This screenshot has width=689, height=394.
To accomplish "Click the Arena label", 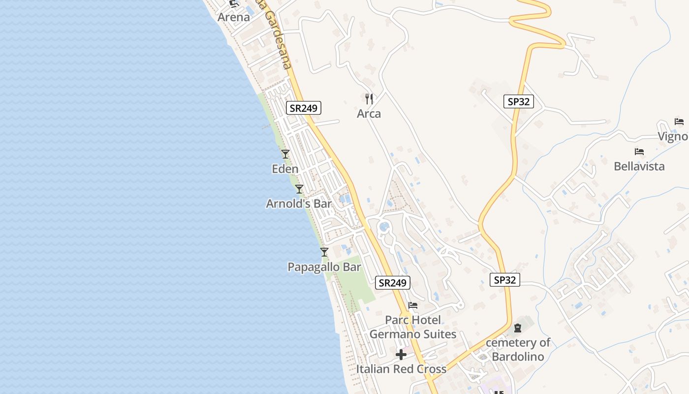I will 234,17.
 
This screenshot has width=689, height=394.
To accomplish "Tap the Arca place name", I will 369,114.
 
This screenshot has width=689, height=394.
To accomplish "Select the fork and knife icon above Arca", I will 369,98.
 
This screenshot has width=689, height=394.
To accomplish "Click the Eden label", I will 285,169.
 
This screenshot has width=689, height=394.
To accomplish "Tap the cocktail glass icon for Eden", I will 285,154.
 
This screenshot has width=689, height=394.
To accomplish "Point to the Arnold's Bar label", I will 299,203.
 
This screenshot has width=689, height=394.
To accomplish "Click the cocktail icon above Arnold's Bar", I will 299,189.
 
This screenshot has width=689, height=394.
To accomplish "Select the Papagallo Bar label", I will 324,267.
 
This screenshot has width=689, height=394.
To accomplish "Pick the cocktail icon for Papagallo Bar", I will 324,252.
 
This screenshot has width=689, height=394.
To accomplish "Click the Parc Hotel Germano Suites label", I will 412,327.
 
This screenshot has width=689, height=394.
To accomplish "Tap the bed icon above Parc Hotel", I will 412,305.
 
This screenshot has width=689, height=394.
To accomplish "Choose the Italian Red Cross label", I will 401,369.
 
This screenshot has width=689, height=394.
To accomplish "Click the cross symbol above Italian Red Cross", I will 401,354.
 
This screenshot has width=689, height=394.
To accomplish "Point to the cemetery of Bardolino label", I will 518,349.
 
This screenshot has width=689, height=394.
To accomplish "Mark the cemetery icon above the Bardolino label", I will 518,328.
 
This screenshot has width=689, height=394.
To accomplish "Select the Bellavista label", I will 639,166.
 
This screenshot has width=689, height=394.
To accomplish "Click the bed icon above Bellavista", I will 639,152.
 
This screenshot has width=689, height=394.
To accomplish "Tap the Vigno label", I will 673,136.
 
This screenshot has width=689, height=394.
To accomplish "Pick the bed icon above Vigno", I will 679,122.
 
